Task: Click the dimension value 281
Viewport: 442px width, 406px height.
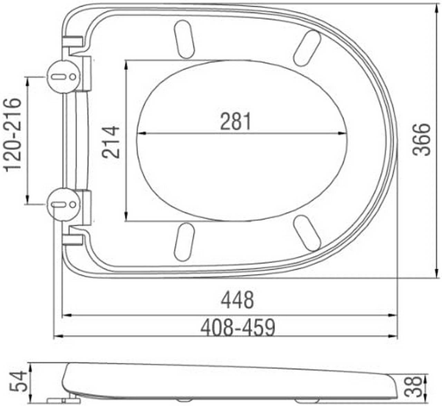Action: (236, 121)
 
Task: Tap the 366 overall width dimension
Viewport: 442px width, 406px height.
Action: (422, 139)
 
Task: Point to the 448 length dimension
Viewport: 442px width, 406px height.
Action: (237, 300)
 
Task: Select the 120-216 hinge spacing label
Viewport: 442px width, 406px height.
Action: (12, 135)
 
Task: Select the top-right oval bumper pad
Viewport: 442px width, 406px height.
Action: (307, 48)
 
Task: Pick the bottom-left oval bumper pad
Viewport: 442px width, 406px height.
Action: (184, 242)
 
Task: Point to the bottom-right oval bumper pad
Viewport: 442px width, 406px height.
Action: (307, 233)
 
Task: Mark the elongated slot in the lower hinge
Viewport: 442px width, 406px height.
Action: (58, 205)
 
